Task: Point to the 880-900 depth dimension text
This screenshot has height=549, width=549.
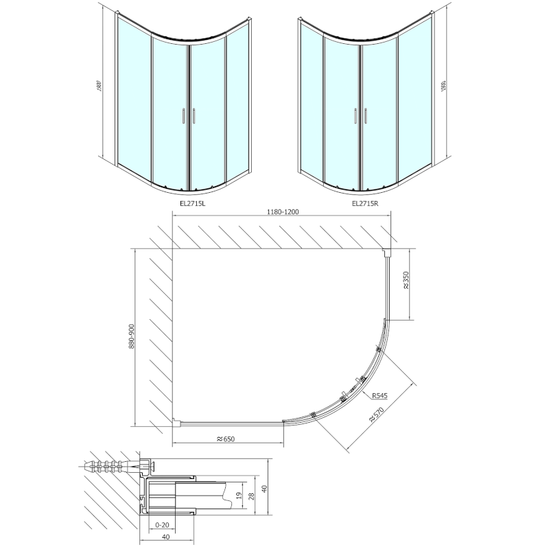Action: coord(131,336)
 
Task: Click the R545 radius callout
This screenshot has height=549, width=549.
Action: coord(381,396)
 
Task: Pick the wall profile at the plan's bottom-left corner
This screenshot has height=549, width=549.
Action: coord(176,423)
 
